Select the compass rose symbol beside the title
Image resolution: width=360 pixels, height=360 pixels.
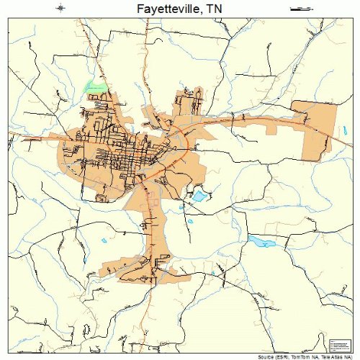(x=60, y=9)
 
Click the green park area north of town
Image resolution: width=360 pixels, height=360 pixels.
(x=94, y=87)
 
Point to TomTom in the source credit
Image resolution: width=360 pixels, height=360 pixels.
(x=293, y=356)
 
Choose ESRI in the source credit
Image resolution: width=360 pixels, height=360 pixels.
(x=274, y=356)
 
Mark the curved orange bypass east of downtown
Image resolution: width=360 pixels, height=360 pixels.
(x=189, y=144)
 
